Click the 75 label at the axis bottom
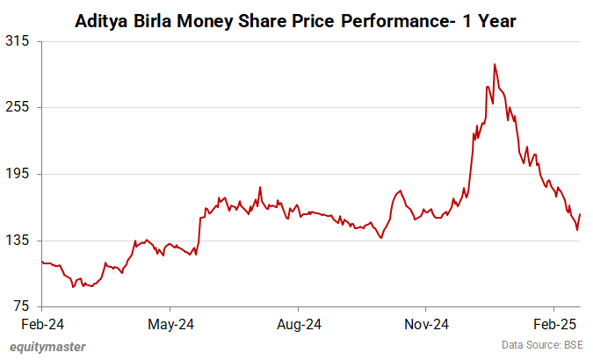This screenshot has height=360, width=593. (x=22, y=306)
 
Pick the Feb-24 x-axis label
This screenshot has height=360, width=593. (x=41, y=324)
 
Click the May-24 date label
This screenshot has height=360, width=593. (x=170, y=324)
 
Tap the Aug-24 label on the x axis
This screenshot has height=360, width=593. (x=299, y=324)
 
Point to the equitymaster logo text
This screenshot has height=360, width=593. (x=48, y=347)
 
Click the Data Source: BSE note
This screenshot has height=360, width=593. (x=542, y=346)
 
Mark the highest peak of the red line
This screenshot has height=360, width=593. (x=495, y=64)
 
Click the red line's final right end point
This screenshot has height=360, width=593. (x=580, y=214)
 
